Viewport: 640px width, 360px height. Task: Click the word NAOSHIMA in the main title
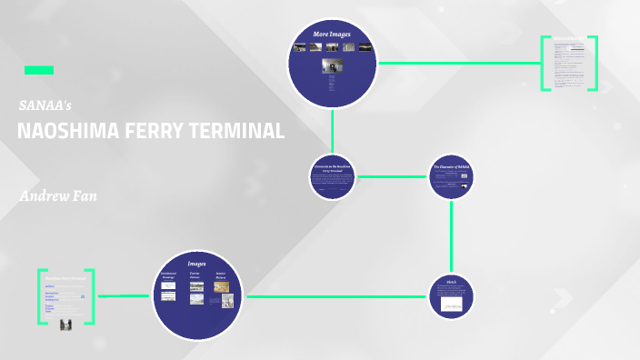[x=64, y=131]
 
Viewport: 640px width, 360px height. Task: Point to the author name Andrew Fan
[x=58, y=196]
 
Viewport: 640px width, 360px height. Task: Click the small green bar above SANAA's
[x=38, y=70]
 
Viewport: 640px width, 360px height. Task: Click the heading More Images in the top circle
[x=332, y=35]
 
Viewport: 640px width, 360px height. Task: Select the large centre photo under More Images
[x=332, y=67]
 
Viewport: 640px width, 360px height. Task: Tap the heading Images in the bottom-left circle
[x=196, y=264]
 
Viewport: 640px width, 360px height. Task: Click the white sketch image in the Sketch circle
[x=451, y=306]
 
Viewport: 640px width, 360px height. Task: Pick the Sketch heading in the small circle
[x=451, y=283]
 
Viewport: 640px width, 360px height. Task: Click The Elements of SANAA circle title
[x=451, y=168]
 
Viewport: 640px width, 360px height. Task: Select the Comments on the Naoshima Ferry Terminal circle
[x=332, y=175]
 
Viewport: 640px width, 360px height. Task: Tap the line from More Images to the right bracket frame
[x=459, y=64]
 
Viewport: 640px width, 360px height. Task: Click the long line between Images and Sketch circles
[x=336, y=296]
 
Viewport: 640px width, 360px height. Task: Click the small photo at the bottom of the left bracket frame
[x=65, y=324]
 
